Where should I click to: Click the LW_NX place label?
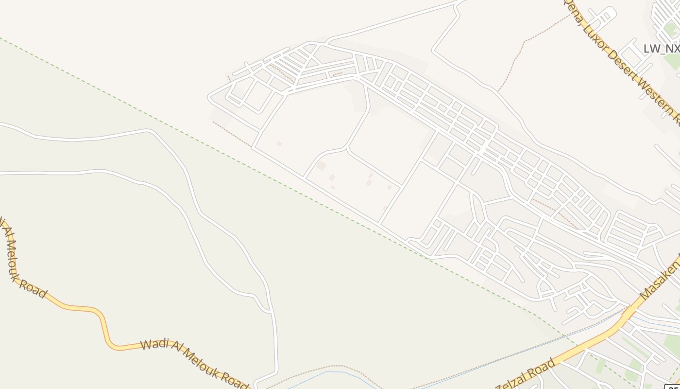pyautogui.click(x=661, y=49)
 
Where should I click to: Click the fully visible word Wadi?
pyautogui.click(x=154, y=344)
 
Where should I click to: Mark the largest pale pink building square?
pyautogui.click(x=321, y=166)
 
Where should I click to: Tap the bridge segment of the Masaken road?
pyautogui.click(x=629, y=311)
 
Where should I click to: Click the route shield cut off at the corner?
pyautogui.click(x=672, y=386)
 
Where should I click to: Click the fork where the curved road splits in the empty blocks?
pyautogui.click(x=346, y=147)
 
